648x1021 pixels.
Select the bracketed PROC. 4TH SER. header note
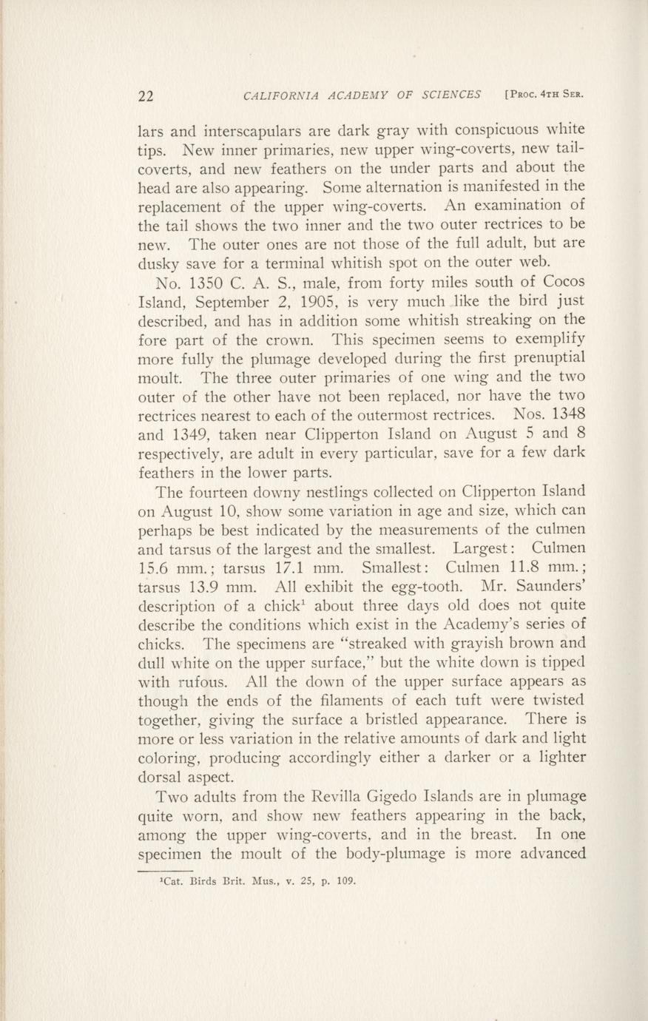click(x=544, y=95)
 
